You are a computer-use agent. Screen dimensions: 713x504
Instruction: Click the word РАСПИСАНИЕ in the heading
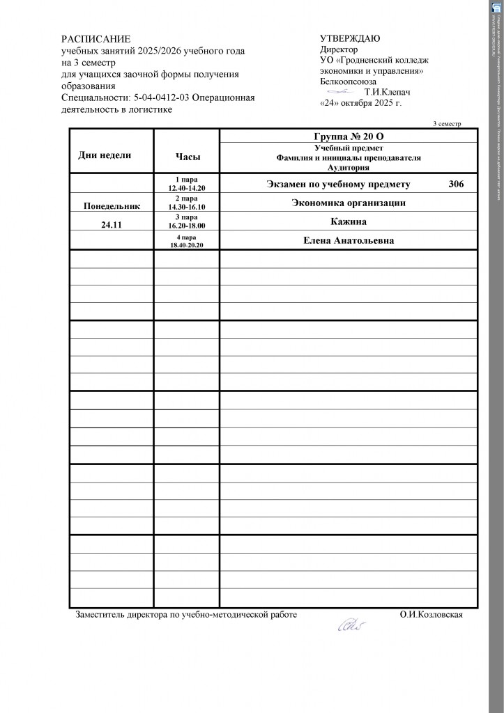(x=96, y=39)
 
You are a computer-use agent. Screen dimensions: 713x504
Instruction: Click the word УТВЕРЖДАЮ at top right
(x=349, y=38)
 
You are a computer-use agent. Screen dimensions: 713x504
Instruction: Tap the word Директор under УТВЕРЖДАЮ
(x=339, y=49)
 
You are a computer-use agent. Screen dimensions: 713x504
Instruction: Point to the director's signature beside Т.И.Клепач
(x=341, y=91)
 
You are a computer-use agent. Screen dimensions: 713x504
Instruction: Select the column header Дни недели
(x=105, y=155)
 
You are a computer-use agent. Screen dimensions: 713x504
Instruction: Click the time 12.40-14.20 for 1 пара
(x=186, y=188)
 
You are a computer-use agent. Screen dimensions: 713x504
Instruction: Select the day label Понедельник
(x=112, y=206)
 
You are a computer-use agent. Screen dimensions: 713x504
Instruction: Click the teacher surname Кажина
(x=349, y=221)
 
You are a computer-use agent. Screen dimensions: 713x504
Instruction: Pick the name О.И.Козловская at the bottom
(x=432, y=615)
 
